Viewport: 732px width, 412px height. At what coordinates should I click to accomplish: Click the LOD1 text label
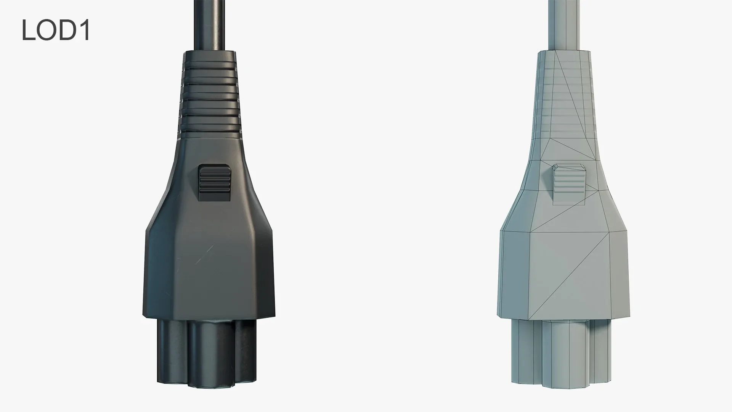(x=56, y=31)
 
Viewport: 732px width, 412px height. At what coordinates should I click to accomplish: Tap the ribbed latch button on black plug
(x=215, y=182)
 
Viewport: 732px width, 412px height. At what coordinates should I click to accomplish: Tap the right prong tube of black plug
(x=246, y=343)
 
